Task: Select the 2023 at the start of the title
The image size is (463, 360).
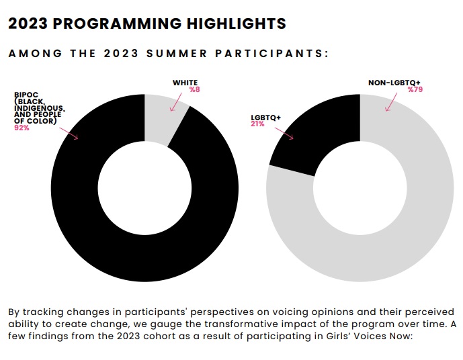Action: point(27,24)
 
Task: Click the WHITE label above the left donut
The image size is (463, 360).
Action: point(185,83)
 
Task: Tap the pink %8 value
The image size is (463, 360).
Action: point(194,89)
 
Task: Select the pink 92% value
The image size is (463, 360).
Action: point(22,128)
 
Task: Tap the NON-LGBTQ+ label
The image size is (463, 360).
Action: point(394,83)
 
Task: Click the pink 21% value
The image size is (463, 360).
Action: point(257,124)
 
